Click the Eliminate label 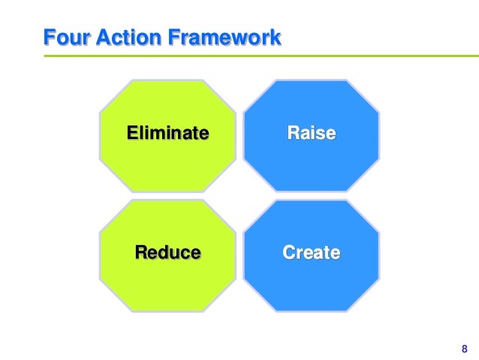click(x=167, y=134)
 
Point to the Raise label click(x=311, y=134)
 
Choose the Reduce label click(x=167, y=252)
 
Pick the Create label click(x=311, y=252)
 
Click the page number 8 click(x=462, y=348)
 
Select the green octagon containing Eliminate click(x=167, y=162)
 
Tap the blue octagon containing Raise click(x=311, y=162)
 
